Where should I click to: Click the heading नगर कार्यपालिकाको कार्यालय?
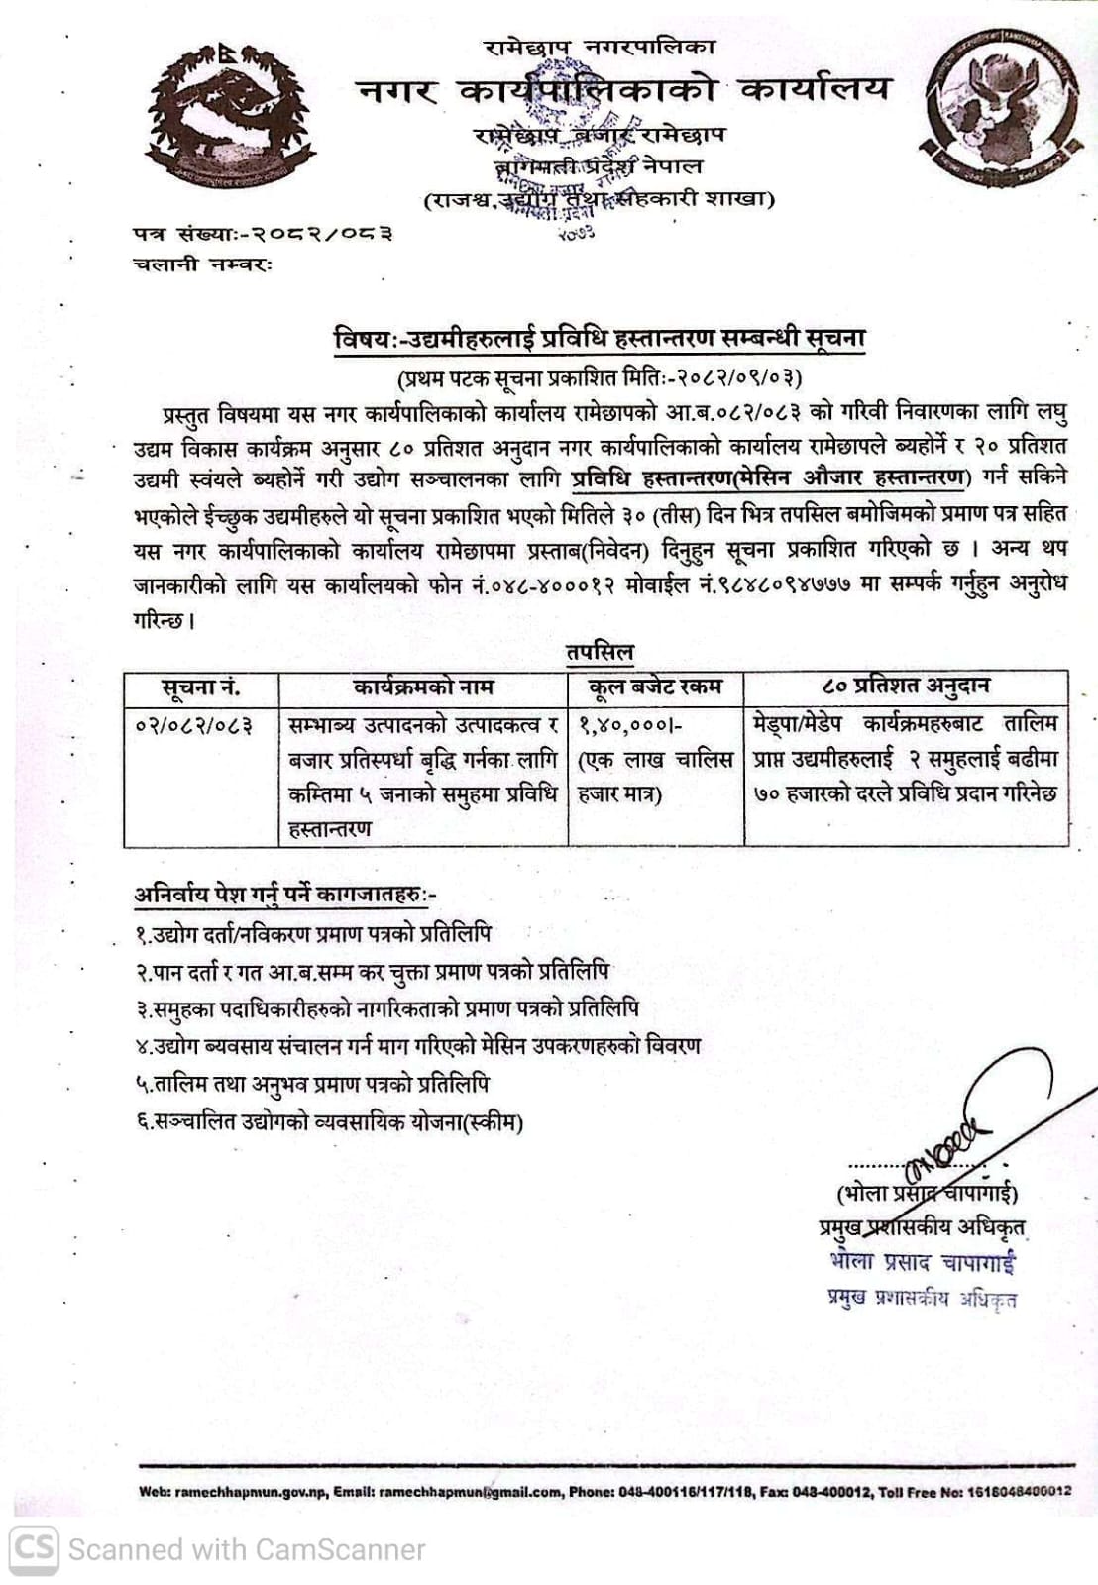[622, 90]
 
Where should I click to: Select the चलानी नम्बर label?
[202, 264]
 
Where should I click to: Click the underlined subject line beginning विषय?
[600, 339]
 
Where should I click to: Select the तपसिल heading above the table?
[600, 652]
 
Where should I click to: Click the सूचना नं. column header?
[201, 687]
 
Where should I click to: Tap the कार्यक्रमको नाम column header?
[423, 687]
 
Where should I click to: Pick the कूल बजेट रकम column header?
[655, 687]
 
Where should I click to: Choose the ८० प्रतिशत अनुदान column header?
[906, 686]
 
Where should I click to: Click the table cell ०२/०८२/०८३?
[194, 725]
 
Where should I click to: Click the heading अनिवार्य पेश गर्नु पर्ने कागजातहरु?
[284, 894]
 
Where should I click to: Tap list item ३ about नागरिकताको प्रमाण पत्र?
[387, 1008]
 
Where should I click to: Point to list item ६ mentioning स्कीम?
[329, 1122]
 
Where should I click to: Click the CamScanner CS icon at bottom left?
[34, 1548]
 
